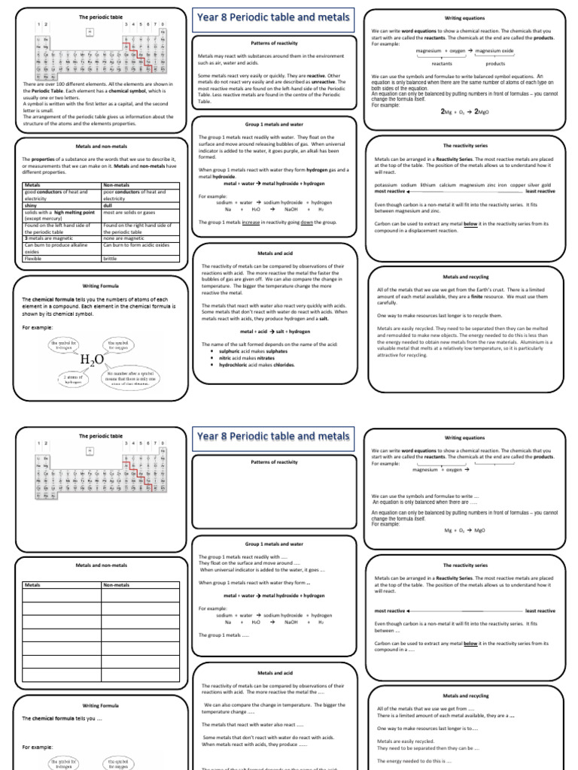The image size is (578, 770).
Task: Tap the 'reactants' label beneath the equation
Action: (442, 64)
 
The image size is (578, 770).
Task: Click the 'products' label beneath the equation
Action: (495, 64)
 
